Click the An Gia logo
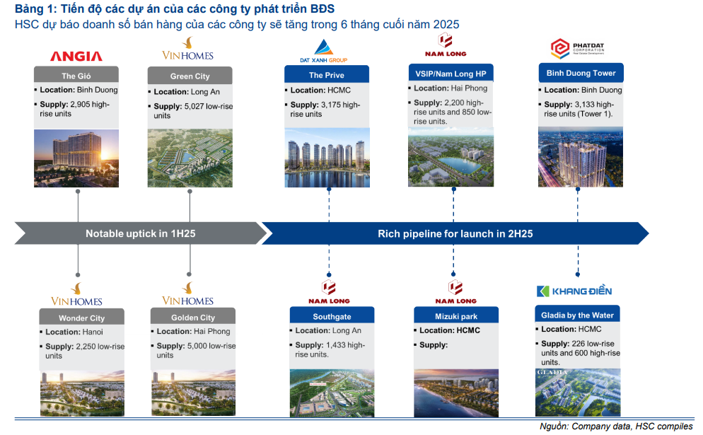[x=76, y=56]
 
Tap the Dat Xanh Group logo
[x=324, y=51]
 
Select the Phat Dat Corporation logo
[x=577, y=49]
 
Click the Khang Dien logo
[x=574, y=291]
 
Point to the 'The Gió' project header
[x=76, y=76]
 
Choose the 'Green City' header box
[x=190, y=76]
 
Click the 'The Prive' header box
[x=327, y=74]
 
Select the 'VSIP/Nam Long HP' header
[x=451, y=73]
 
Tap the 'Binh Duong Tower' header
[x=581, y=73]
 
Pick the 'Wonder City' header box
[x=81, y=317]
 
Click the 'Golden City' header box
[x=193, y=317]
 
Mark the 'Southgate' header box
[x=332, y=315]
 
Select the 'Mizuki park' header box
[x=456, y=315]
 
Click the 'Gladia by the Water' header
[x=577, y=314]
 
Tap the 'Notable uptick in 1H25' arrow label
[x=140, y=233]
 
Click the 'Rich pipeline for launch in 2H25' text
[x=455, y=233]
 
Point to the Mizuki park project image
[x=456, y=393]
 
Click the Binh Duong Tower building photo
[x=581, y=157]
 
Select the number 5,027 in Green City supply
[x=194, y=106]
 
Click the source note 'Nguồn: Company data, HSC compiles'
[x=616, y=427]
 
